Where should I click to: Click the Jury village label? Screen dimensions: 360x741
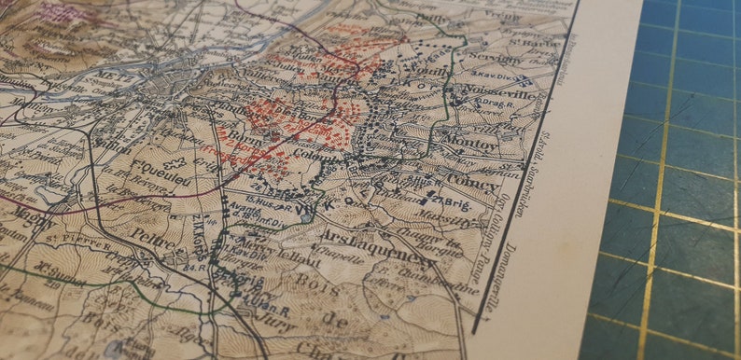pos(271,323)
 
